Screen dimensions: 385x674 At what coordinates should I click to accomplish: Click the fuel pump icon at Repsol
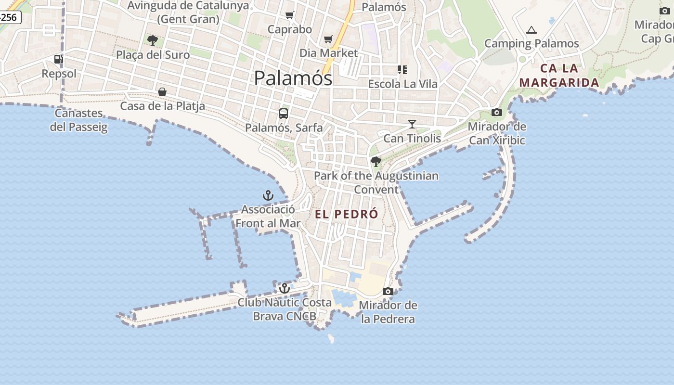click(x=58, y=59)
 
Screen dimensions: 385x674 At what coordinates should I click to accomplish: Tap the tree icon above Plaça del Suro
click(x=153, y=40)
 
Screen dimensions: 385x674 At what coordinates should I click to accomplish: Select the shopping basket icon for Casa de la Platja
click(x=162, y=91)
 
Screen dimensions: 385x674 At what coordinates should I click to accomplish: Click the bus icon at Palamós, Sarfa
click(x=284, y=114)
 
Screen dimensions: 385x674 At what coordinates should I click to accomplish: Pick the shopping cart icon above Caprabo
click(x=289, y=15)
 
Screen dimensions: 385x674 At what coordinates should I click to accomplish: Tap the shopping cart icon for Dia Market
click(x=328, y=39)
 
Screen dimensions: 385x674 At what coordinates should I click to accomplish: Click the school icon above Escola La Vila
click(x=402, y=70)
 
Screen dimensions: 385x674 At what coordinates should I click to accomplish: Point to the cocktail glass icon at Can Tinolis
click(x=412, y=124)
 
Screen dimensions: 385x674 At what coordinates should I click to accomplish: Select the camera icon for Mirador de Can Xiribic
click(x=497, y=113)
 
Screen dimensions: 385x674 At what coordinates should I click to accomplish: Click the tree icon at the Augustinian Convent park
click(x=376, y=162)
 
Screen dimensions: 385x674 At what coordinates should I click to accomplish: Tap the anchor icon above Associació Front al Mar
click(x=268, y=195)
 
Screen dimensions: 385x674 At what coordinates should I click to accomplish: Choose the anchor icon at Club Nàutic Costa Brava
click(x=285, y=288)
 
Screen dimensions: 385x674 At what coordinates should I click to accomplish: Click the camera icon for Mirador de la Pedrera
click(x=388, y=291)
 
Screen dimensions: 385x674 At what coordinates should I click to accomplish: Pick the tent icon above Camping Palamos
click(x=531, y=30)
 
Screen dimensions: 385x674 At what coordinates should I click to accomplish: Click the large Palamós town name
click(x=293, y=78)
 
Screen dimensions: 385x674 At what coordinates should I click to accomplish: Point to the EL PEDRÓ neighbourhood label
click(x=347, y=214)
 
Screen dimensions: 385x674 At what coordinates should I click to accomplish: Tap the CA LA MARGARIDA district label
click(x=559, y=76)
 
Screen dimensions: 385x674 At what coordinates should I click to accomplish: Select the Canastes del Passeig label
click(x=78, y=120)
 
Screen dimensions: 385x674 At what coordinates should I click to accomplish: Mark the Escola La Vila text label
click(x=403, y=84)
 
